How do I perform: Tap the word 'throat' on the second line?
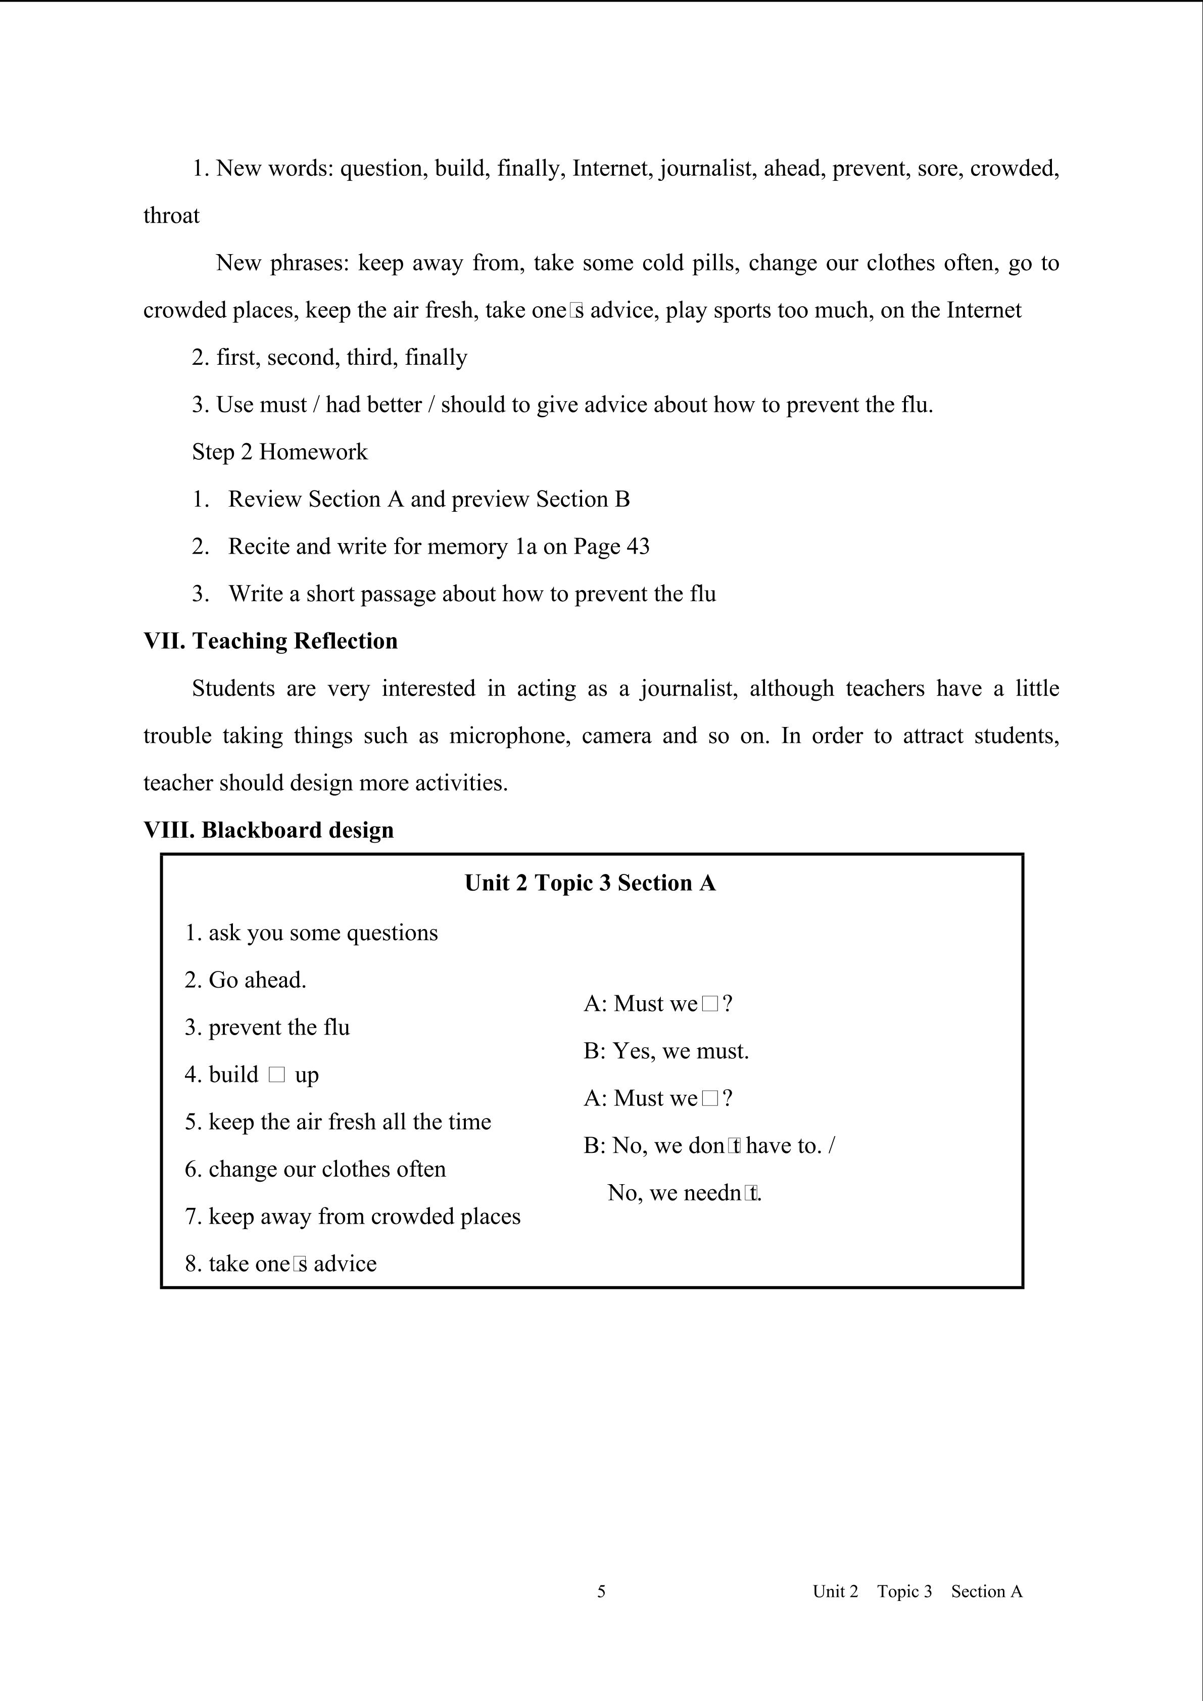click(171, 216)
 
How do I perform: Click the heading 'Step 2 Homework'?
click(279, 452)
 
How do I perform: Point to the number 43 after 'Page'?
click(637, 547)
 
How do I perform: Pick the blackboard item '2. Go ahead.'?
click(245, 980)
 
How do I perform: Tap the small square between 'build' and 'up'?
click(276, 1075)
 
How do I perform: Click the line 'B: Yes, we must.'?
click(666, 1051)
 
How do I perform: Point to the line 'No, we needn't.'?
click(685, 1193)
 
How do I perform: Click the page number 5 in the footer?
click(601, 1591)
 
